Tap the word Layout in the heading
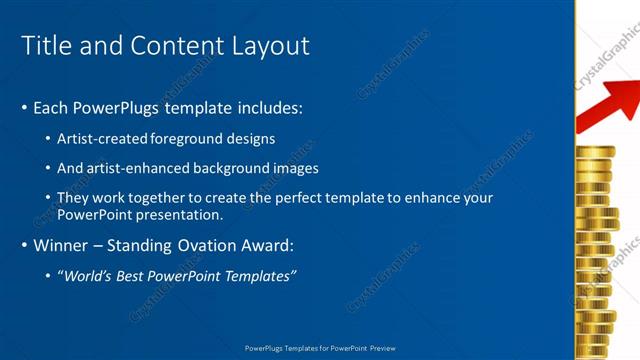(271, 46)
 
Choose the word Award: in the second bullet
(269, 245)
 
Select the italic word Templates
(259, 276)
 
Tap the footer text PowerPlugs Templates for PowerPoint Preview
(320, 348)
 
